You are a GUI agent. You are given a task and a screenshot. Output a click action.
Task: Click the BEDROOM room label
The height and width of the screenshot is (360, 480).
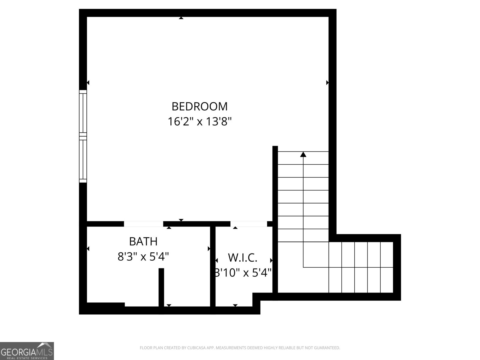pos(199,106)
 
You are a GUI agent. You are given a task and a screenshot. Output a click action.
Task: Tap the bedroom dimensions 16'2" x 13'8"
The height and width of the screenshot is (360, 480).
pos(199,122)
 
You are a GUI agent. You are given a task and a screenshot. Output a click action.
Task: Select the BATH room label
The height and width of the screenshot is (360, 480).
pos(143,241)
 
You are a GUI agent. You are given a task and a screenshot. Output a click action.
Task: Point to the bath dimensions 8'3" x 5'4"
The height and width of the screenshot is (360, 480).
pos(143,257)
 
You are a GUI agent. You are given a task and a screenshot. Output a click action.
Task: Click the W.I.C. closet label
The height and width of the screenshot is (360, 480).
pos(243,257)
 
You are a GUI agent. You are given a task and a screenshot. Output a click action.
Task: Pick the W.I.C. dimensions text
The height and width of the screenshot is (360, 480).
pos(243,273)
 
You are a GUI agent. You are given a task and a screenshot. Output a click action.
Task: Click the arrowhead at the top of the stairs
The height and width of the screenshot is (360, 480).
pos(303,154)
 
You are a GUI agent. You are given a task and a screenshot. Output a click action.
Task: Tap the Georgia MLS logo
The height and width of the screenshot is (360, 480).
pos(27,351)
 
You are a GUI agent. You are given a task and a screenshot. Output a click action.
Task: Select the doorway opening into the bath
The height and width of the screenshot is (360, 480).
pos(143,224)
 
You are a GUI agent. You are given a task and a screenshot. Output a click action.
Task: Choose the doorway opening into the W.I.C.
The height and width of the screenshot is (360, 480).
pos(248,224)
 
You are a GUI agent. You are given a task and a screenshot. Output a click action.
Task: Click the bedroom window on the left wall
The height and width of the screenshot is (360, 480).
pos(83,136)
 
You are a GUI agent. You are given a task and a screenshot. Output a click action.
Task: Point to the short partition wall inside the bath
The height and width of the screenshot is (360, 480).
pos(161,287)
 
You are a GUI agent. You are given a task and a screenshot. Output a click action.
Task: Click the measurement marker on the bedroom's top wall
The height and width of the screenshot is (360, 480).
pos(181,18)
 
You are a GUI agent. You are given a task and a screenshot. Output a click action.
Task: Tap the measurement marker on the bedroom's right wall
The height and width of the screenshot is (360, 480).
pos(327,82)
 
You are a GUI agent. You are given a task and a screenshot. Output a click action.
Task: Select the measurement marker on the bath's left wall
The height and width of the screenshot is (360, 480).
pos(88,249)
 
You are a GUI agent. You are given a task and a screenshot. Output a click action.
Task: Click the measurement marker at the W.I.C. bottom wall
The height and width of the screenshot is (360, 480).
pos(235,305)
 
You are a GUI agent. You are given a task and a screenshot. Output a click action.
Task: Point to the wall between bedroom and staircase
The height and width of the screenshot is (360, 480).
pos(275,219)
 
